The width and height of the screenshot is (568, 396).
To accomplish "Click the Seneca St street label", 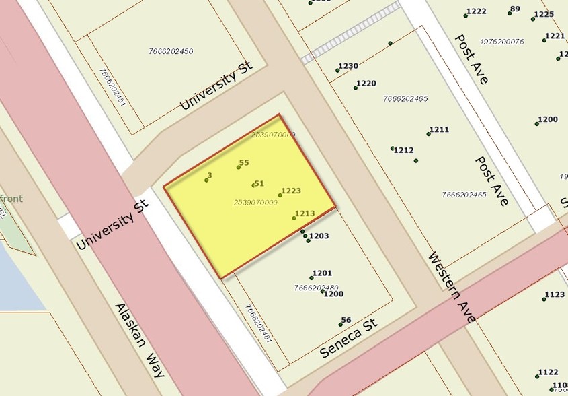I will [348, 338].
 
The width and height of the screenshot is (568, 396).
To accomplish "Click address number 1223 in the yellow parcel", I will [290, 191].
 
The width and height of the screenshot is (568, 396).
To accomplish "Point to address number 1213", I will [305, 213].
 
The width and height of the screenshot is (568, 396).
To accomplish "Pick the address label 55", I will [244, 163].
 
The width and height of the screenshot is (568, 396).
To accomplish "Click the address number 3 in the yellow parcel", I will [210, 176].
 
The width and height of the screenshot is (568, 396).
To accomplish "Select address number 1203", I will [319, 236].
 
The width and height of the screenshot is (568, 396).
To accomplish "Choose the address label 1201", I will [322, 273].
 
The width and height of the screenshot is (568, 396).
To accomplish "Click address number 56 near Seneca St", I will [346, 320].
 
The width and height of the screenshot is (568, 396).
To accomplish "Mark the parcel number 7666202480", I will [316, 288].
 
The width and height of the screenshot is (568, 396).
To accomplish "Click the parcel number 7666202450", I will [171, 51].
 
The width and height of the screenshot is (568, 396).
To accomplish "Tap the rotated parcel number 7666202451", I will [112, 88].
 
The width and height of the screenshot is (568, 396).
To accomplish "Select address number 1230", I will [348, 66].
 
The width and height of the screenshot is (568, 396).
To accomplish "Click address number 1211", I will [439, 129].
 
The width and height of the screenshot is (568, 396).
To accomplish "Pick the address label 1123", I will [555, 294].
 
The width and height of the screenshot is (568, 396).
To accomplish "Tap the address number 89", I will [515, 9].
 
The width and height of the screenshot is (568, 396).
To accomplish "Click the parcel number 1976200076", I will [501, 41].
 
